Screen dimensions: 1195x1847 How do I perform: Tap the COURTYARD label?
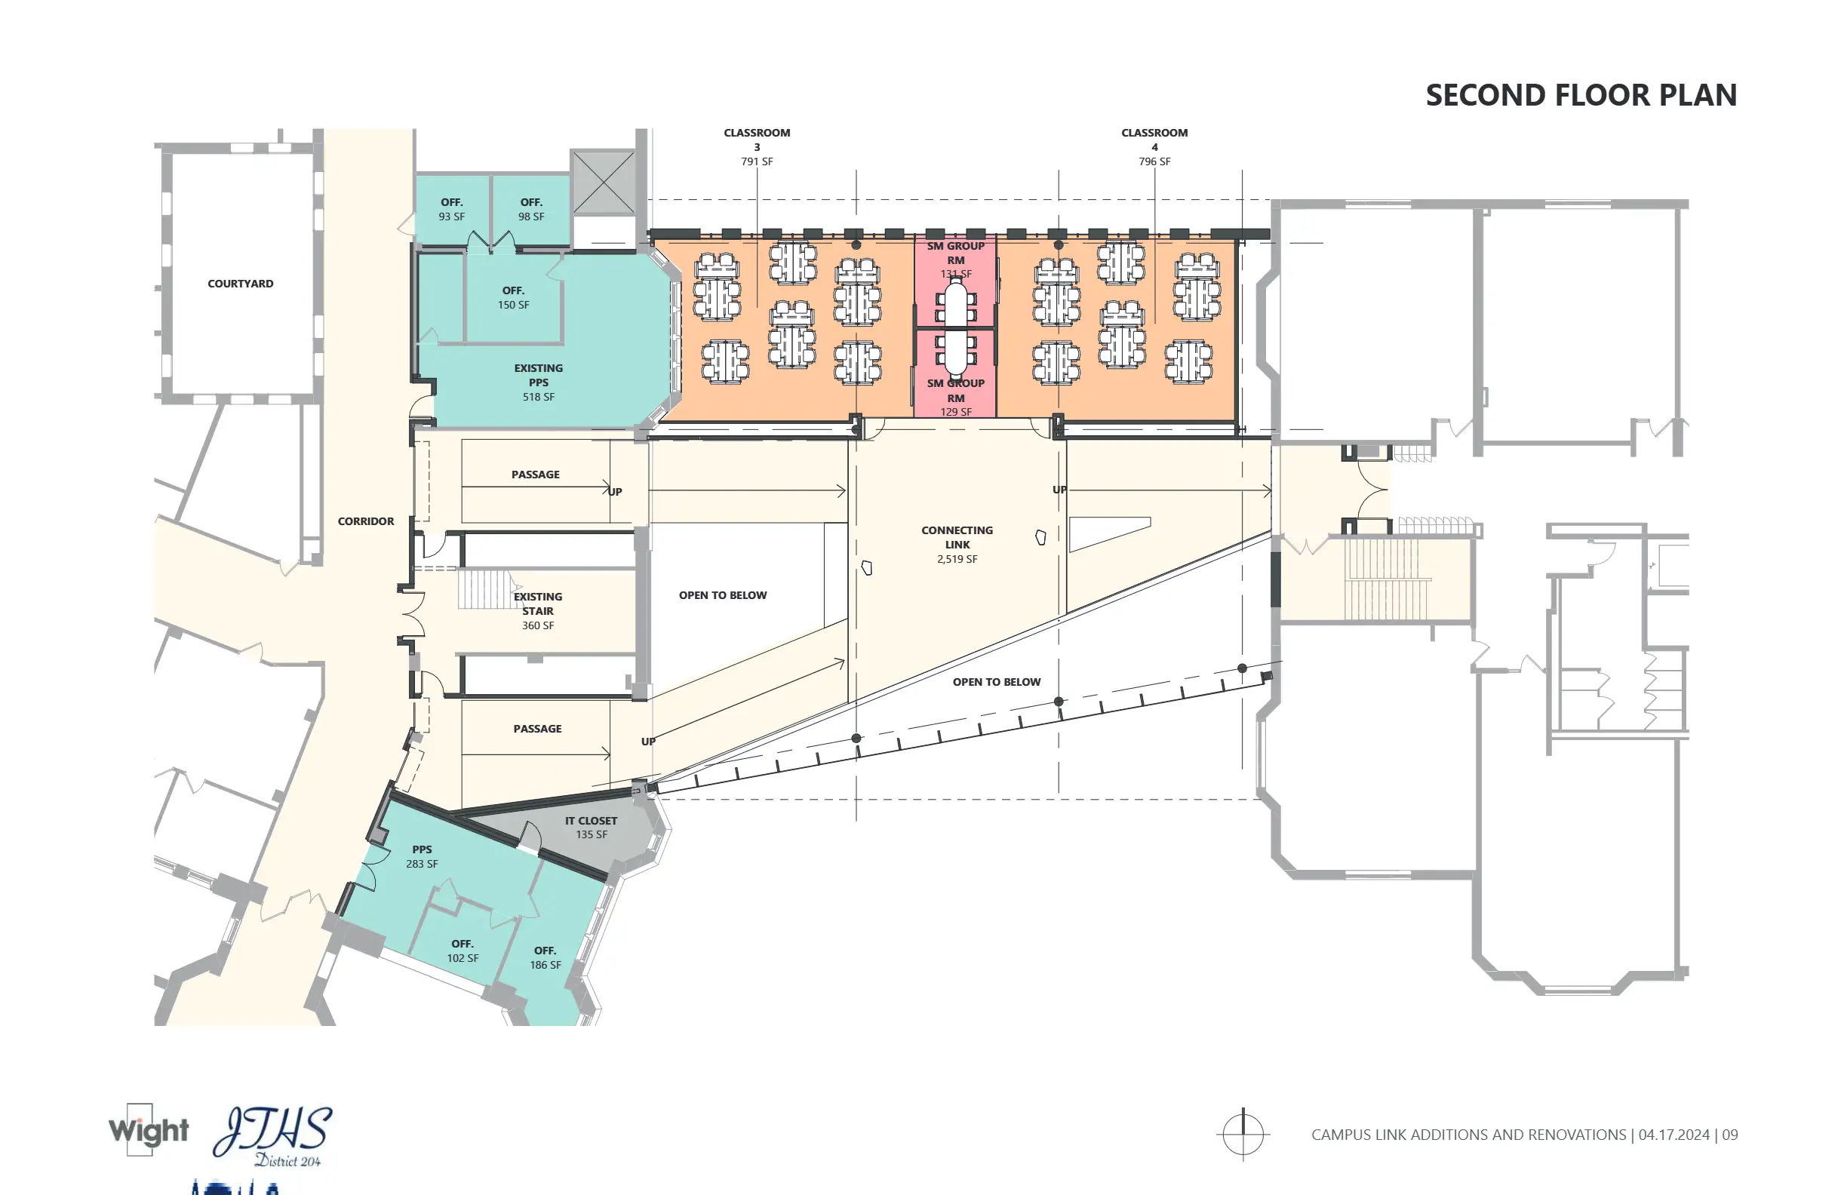241,284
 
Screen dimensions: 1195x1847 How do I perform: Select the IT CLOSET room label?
591,827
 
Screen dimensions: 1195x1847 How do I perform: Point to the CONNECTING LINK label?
957,544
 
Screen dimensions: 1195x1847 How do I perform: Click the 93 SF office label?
452,210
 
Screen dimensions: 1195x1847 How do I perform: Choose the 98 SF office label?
532,210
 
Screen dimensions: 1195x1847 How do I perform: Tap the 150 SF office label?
513,298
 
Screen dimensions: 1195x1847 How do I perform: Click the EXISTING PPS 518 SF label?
539,382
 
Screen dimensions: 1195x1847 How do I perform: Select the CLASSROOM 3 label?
757,146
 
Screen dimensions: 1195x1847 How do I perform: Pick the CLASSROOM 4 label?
1154,146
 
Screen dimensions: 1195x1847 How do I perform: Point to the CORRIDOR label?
365,521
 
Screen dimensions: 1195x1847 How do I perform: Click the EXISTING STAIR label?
538,610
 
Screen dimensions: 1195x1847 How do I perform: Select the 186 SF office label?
545,957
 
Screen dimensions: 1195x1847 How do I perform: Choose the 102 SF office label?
463,951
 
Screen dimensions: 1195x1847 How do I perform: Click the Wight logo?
148,1131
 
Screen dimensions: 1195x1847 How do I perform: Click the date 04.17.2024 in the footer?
1674,1135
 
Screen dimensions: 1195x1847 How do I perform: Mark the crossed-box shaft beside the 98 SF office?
604,183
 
